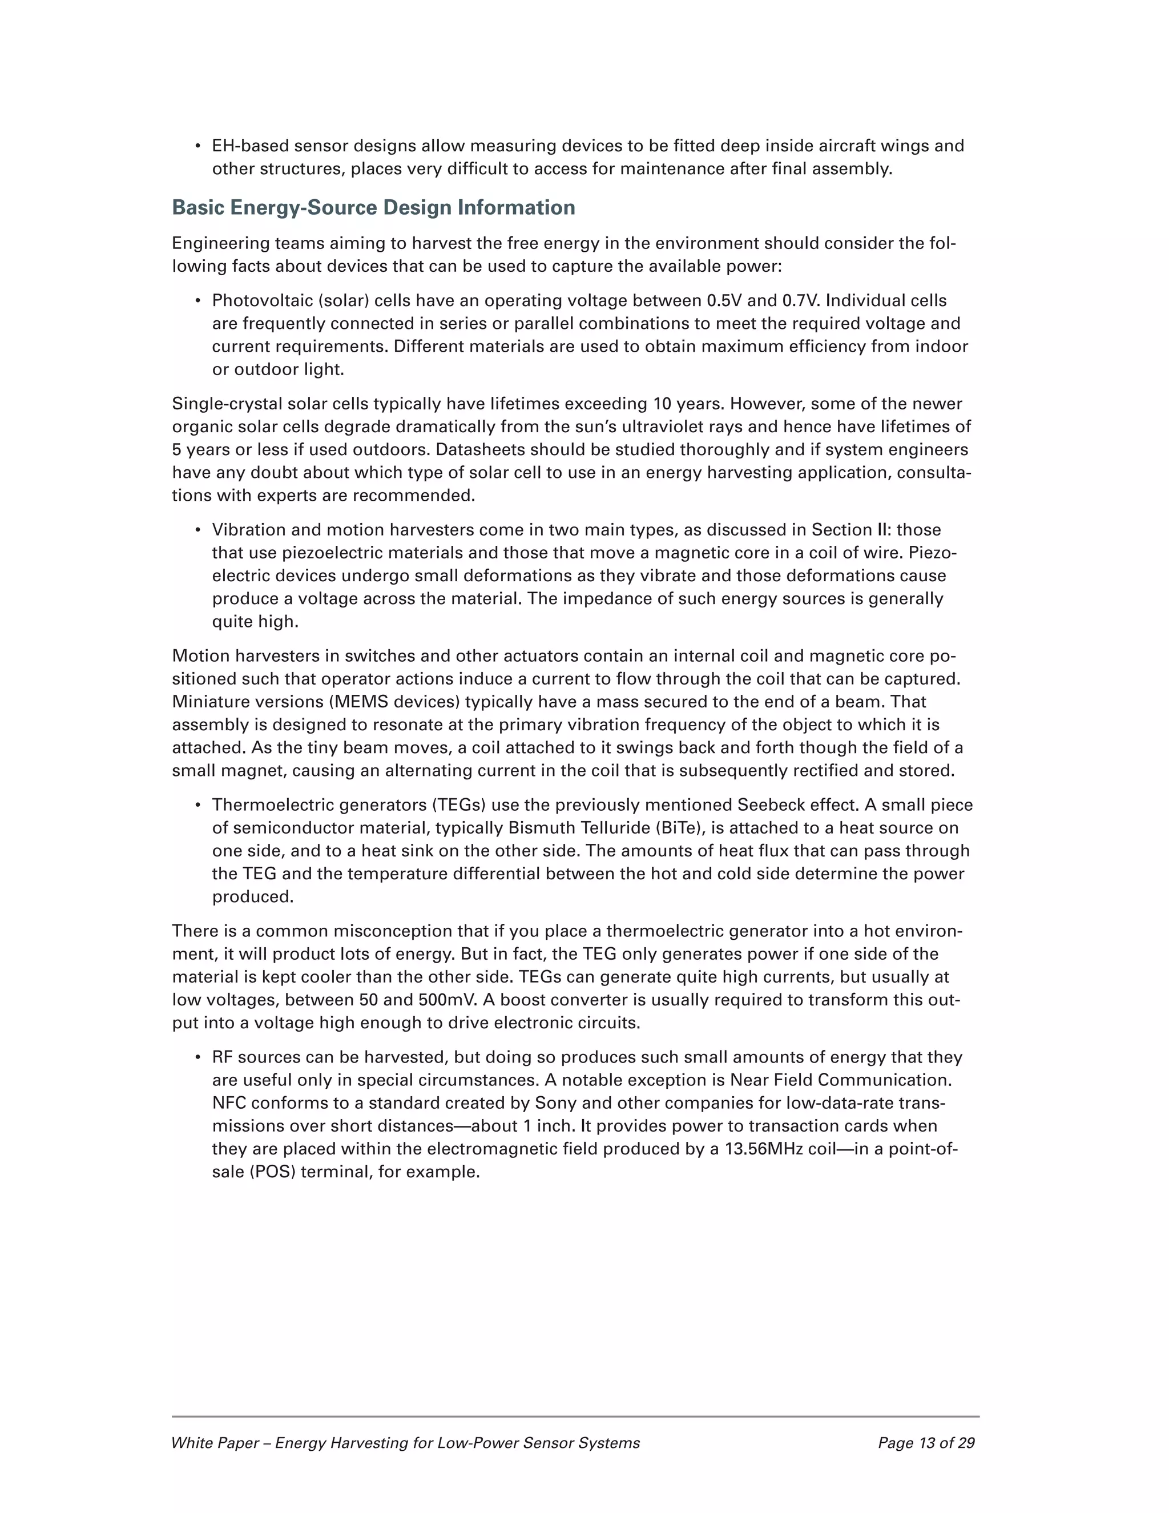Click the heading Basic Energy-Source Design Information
[x=373, y=208]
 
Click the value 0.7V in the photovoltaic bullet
[x=801, y=301]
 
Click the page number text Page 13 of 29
[x=926, y=1443]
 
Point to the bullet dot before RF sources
[x=197, y=1058]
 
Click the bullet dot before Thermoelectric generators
[x=197, y=806]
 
